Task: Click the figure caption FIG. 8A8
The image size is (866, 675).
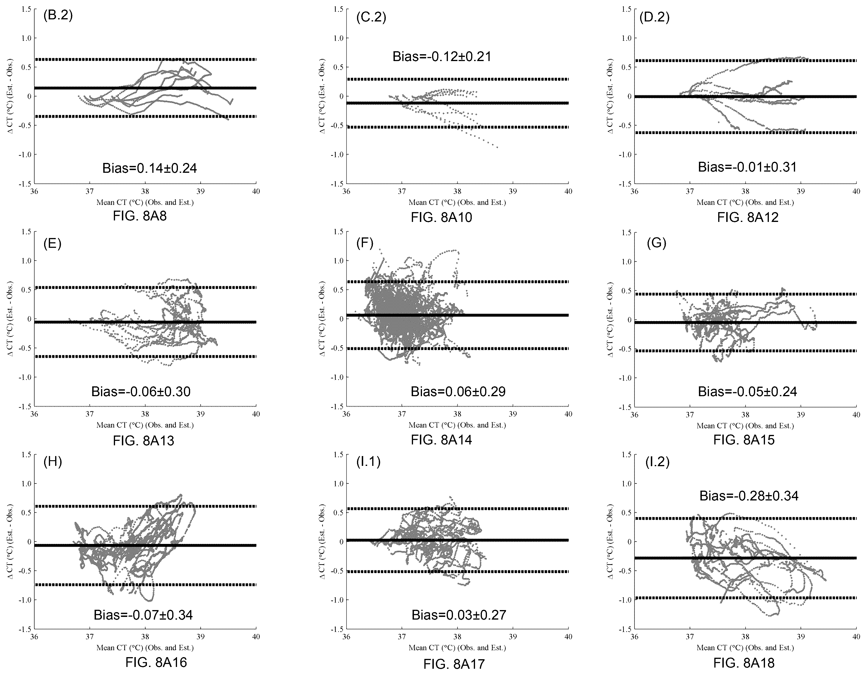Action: coord(140,217)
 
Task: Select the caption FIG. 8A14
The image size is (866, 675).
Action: coord(441,440)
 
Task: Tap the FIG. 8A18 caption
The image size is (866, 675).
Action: coord(744,663)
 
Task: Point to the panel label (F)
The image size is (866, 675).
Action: coord(365,242)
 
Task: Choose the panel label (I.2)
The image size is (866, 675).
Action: coord(657,462)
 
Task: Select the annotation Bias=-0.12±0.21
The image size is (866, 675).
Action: coord(442,57)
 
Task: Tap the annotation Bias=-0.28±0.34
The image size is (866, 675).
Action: coord(749,496)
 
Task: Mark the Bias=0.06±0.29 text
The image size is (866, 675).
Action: coord(458,392)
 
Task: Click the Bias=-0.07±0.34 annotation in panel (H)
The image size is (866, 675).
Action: coord(143,615)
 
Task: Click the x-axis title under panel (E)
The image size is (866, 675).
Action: coord(145,425)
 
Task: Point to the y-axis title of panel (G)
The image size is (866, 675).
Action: coord(611,319)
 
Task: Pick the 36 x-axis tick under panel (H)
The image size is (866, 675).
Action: coord(34,637)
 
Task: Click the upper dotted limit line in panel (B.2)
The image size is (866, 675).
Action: coord(145,60)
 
